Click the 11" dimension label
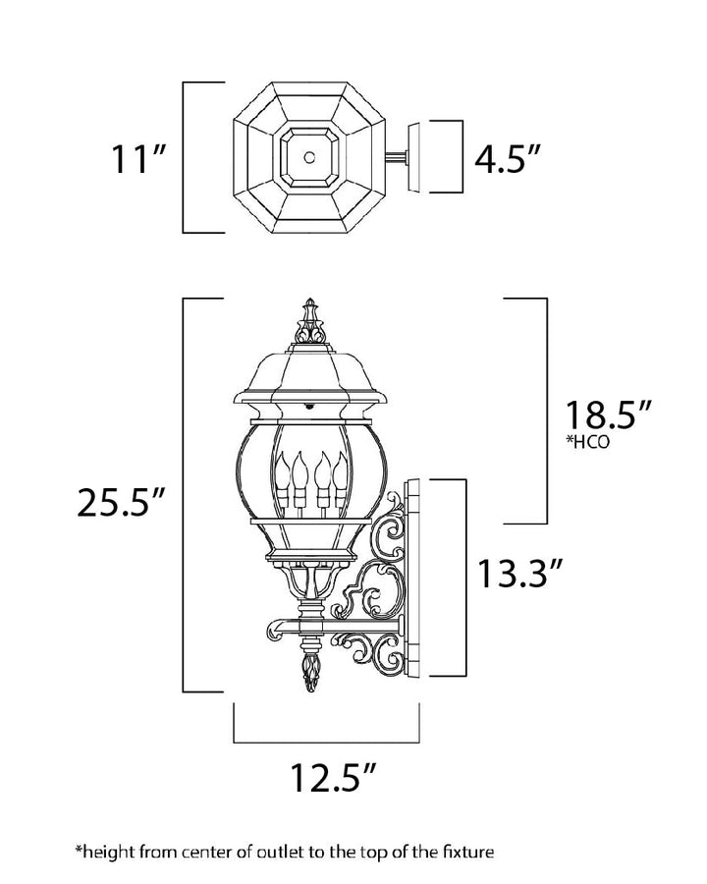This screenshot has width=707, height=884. (x=139, y=158)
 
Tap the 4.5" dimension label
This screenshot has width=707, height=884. (x=507, y=158)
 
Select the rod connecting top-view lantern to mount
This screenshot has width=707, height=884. (x=397, y=157)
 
